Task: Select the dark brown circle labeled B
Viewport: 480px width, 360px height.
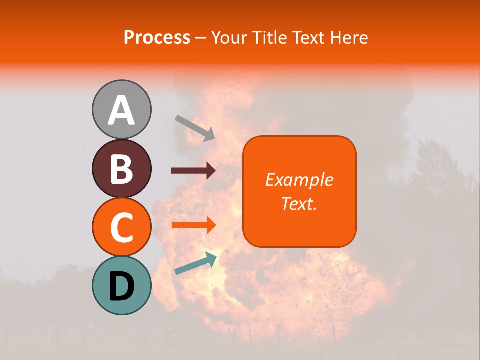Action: click(121, 168)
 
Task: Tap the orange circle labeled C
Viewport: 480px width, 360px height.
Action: click(121, 227)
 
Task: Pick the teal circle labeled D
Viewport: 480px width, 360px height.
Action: click(121, 285)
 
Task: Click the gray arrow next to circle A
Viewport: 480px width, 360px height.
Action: click(195, 128)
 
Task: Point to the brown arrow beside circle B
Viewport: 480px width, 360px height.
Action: click(193, 171)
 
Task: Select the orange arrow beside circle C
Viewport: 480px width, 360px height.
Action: click(193, 225)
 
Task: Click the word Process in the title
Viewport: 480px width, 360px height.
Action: click(157, 37)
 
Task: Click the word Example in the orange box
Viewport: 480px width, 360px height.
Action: click(299, 180)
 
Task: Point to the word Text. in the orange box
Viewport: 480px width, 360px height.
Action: click(299, 203)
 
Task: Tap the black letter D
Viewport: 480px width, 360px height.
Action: click(121, 286)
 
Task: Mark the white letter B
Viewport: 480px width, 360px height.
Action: click(121, 169)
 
